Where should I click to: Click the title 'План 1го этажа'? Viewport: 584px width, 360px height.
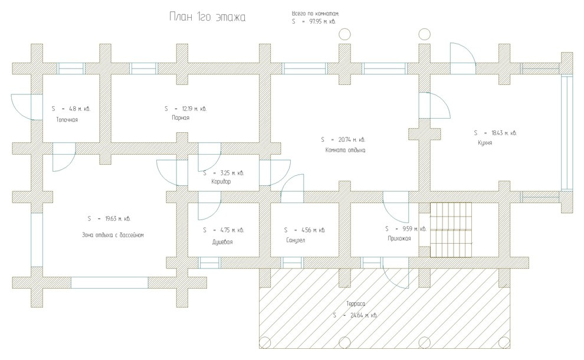pyautogui.click(x=208, y=17)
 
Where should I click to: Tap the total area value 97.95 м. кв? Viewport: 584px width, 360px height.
pyautogui.click(x=323, y=22)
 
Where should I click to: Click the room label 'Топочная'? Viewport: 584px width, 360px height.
pyautogui.click(x=67, y=120)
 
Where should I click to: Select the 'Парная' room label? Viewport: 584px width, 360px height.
pyautogui.click(x=181, y=118)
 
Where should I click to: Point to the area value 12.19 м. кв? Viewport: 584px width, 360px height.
pyautogui.click(x=194, y=109)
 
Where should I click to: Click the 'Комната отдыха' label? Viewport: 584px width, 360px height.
pyautogui.click(x=345, y=150)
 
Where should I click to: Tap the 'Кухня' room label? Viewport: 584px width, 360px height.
pyautogui.click(x=485, y=143)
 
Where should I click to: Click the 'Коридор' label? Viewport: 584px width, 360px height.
pyautogui.click(x=221, y=182)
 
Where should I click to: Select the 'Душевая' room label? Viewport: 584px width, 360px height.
pyautogui.click(x=222, y=242)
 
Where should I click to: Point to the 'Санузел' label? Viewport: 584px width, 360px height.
pyautogui.click(x=295, y=240)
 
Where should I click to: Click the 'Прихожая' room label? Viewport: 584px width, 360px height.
pyautogui.click(x=399, y=238)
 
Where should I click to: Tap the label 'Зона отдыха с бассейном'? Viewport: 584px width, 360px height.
pyautogui.click(x=113, y=235)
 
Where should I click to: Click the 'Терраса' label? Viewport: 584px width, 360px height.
pyautogui.click(x=356, y=304)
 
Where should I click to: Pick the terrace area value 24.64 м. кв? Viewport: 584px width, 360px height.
pyautogui.click(x=364, y=315)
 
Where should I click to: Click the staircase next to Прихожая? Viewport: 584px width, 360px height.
pyautogui.click(x=451, y=230)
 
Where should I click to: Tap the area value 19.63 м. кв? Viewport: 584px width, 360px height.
pyautogui.click(x=118, y=219)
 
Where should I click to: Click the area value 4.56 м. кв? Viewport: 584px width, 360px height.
pyautogui.click(x=313, y=230)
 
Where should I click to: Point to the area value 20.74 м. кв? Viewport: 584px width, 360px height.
pyautogui.click(x=352, y=140)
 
